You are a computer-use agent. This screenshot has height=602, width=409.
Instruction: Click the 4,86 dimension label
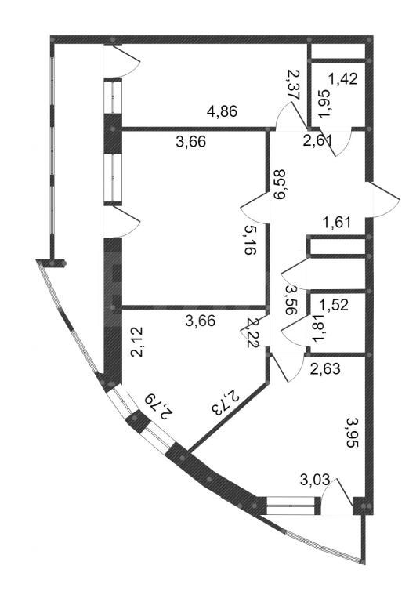pyautogui.click(x=223, y=111)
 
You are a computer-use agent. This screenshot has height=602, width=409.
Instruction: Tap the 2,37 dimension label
pyautogui.click(x=294, y=84)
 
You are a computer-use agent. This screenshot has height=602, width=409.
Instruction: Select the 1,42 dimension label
pyautogui.click(x=342, y=79)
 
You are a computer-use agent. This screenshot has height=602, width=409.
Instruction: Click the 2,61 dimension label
pyautogui.click(x=317, y=141)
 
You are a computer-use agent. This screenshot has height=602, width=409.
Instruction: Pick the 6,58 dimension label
pyautogui.click(x=279, y=184)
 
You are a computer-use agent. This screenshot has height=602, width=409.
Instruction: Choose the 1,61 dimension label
pyautogui.click(x=336, y=223)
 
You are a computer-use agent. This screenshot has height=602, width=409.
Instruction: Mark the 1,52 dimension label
pyautogui.click(x=334, y=305)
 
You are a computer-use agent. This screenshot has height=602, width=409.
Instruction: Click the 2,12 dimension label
pyautogui.click(x=137, y=342)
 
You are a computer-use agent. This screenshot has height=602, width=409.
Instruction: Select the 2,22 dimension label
pyautogui.click(x=252, y=332)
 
